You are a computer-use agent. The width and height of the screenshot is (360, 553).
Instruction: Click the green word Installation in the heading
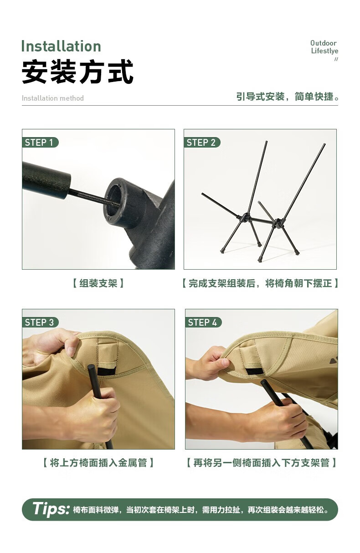[x=61, y=46]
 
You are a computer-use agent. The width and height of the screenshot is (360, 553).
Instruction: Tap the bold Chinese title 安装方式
[x=77, y=72]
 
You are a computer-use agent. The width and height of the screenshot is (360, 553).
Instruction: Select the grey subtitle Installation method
[x=53, y=98]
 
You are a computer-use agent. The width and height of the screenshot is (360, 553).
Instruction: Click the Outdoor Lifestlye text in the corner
[x=324, y=47]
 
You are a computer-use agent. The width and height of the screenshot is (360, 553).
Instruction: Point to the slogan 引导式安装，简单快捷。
[x=288, y=97]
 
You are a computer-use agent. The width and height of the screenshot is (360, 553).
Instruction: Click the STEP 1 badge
[x=40, y=143]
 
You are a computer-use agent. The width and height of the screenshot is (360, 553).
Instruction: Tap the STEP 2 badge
[x=201, y=143]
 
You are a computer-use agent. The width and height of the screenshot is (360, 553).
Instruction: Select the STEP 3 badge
[x=40, y=323]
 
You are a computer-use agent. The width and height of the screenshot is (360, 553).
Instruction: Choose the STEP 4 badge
[x=203, y=323]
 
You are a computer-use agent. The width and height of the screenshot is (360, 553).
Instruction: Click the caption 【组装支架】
[x=98, y=283]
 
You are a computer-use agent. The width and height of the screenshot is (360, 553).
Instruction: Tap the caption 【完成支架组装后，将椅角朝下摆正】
[x=260, y=283]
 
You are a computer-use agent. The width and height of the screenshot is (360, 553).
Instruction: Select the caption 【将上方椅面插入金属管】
[x=98, y=463]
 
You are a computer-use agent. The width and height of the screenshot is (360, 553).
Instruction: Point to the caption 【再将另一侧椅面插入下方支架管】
[x=262, y=463]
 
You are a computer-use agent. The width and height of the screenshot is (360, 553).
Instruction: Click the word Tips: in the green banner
[x=51, y=509]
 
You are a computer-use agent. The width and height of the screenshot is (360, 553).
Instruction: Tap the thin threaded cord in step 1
[x=89, y=196]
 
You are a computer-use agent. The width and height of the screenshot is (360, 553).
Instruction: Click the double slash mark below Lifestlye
[x=336, y=59]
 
